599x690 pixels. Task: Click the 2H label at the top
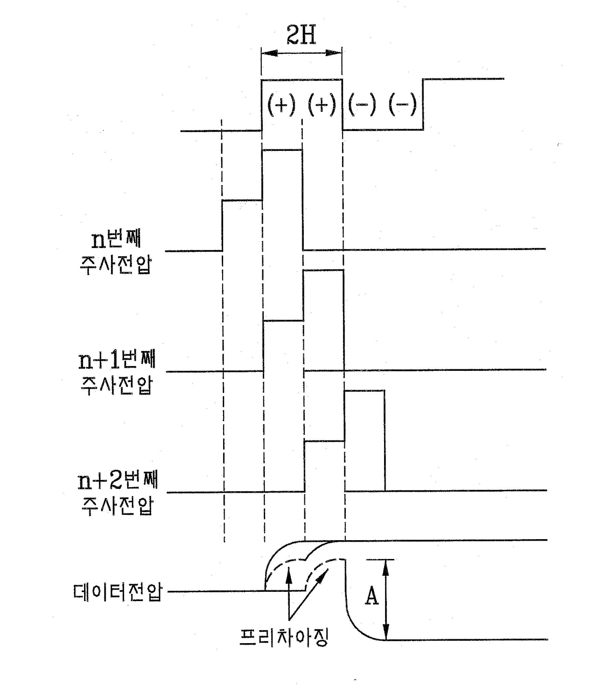pyautogui.click(x=301, y=35)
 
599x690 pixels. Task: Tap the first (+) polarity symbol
pyautogui.click(x=281, y=105)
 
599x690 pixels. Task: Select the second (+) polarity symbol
pyautogui.click(x=322, y=105)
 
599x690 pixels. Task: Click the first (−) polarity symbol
pyautogui.click(x=362, y=105)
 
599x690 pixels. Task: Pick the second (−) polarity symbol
pyautogui.click(x=402, y=105)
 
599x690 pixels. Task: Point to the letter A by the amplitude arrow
pyautogui.click(x=372, y=596)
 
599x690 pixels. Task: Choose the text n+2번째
pyautogui.click(x=117, y=481)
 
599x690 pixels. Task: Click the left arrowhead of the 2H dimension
pyautogui.click(x=270, y=53)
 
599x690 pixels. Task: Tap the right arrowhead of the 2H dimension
pyautogui.click(x=333, y=53)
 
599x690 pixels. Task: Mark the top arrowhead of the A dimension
pyautogui.click(x=386, y=567)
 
